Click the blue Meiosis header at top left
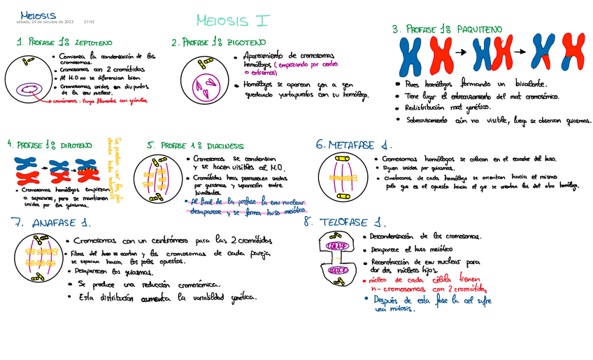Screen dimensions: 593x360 tap(38, 15)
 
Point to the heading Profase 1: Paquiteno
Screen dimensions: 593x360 tap(447, 29)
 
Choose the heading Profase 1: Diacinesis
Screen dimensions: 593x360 tap(195, 146)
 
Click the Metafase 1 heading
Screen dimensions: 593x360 tap(354, 145)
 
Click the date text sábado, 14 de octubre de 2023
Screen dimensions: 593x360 tap(44, 22)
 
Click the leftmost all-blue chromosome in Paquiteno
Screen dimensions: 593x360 tap(413, 56)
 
